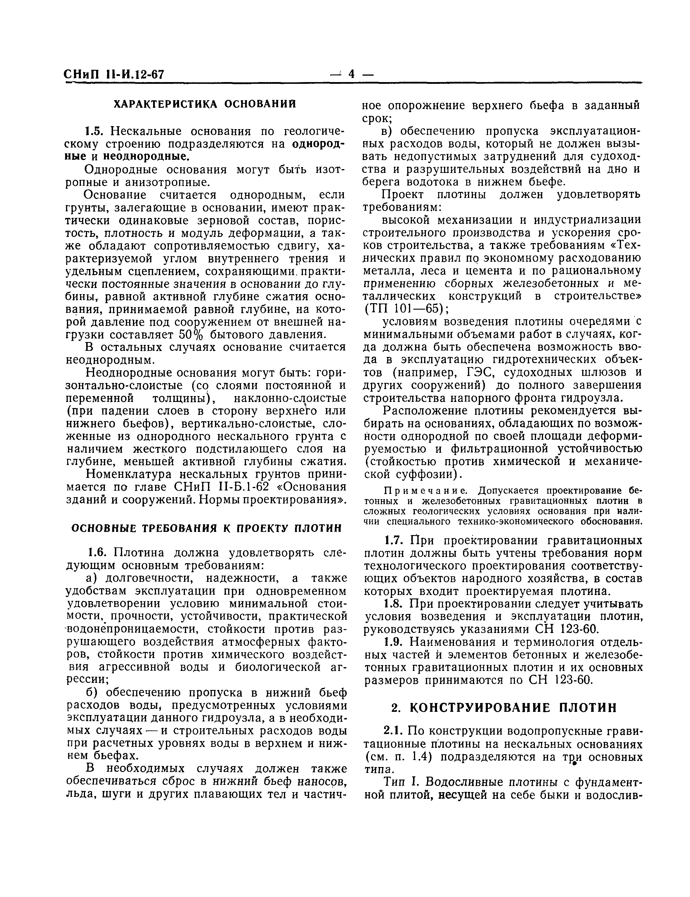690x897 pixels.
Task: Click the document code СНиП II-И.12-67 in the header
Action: (114, 75)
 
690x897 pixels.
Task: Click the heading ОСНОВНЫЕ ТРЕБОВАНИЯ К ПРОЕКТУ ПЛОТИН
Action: (206, 528)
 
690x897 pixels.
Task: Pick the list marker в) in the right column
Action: (388, 131)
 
